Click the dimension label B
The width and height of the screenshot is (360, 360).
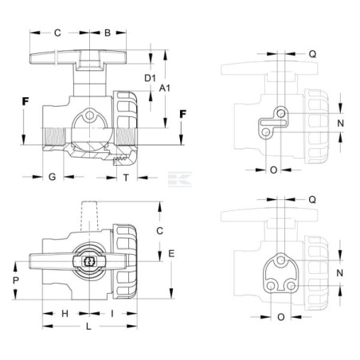(x=108, y=33)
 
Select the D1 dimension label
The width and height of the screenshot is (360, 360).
(x=150, y=78)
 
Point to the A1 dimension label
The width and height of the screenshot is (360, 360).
(x=165, y=88)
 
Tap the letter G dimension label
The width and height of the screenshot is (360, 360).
(x=53, y=177)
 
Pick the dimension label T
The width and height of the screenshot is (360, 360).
(x=126, y=178)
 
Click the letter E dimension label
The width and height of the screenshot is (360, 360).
(x=171, y=254)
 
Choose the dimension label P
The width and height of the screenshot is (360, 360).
(x=16, y=280)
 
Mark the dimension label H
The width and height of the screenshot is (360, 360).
(x=65, y=314)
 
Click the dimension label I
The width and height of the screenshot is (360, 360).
(x=112, y=314)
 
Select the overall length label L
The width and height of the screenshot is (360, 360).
(x=88, y=327)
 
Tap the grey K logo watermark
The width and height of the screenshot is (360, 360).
(x=180, y=179)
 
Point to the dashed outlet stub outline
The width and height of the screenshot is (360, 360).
(x=89, y=216)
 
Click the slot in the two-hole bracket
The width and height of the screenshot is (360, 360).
(x=273, y=123)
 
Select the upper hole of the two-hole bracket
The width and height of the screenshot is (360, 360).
(x=281, y=114)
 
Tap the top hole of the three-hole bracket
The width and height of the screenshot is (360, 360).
(x=280, y=260)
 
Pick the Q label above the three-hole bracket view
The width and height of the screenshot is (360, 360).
(x=312, y=200)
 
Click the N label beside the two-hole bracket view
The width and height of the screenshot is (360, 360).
(x=340, y=123)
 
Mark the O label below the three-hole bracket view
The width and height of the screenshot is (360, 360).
(x=281, y=317)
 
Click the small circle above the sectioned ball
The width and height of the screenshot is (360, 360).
(x=90, y=115)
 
